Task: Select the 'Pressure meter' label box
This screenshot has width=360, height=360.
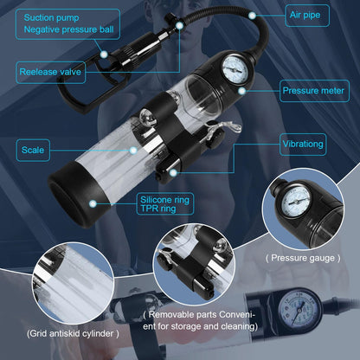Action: [313, 87]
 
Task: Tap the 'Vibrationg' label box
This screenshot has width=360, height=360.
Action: [310, 143]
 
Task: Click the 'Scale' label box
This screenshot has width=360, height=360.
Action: [35, 149]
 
